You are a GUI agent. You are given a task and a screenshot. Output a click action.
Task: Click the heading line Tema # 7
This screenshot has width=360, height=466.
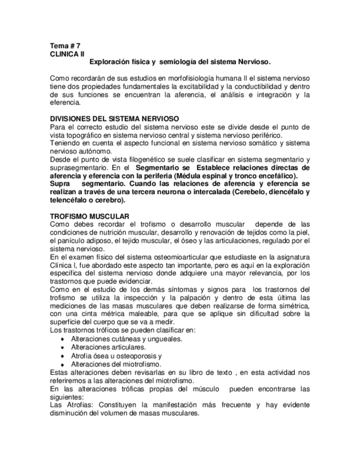pyautogui.click(x=65, y=46)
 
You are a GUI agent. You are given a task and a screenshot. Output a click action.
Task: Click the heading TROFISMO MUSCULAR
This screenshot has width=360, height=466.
pyautogui.click(x=90, y=215)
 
